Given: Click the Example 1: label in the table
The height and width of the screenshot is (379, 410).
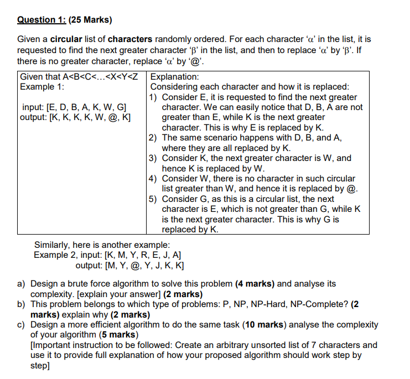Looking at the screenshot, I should coord(42,87).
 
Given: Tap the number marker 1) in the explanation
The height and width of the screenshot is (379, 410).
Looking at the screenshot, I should coord(154,97).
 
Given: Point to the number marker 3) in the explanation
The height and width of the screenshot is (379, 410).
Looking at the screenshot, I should coord(154,158).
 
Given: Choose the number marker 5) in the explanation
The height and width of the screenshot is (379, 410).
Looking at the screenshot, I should coord(154,199).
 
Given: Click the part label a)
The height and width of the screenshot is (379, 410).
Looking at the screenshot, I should coord(23,284).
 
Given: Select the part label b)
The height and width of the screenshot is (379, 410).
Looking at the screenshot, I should coord(23,304).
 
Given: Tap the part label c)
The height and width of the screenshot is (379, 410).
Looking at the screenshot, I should coord(23,325).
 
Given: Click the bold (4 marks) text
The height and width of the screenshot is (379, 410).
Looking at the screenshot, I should coord(255,284).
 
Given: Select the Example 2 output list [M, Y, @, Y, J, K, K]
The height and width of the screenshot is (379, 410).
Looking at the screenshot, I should coord(146,265).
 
